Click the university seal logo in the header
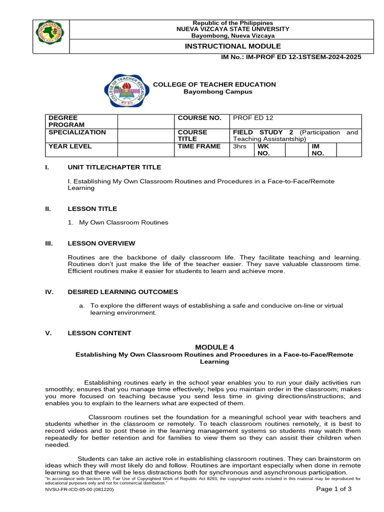click(50, 36)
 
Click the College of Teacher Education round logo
click(126, 89)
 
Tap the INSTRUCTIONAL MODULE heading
click(226, 46)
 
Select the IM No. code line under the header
click(291, 57)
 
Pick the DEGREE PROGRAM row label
click(66, 121)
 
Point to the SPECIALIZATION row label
click(77, 132)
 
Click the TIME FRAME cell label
click(199, 146)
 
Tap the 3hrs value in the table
click(240, 146)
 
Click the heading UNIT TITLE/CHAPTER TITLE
click(114, 167)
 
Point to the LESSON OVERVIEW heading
click(101, 243)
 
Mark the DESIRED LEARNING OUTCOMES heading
click(122, 292)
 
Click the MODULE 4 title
click(214, 347)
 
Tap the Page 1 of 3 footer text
click(334, 489)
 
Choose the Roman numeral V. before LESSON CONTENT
click(48, 333)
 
